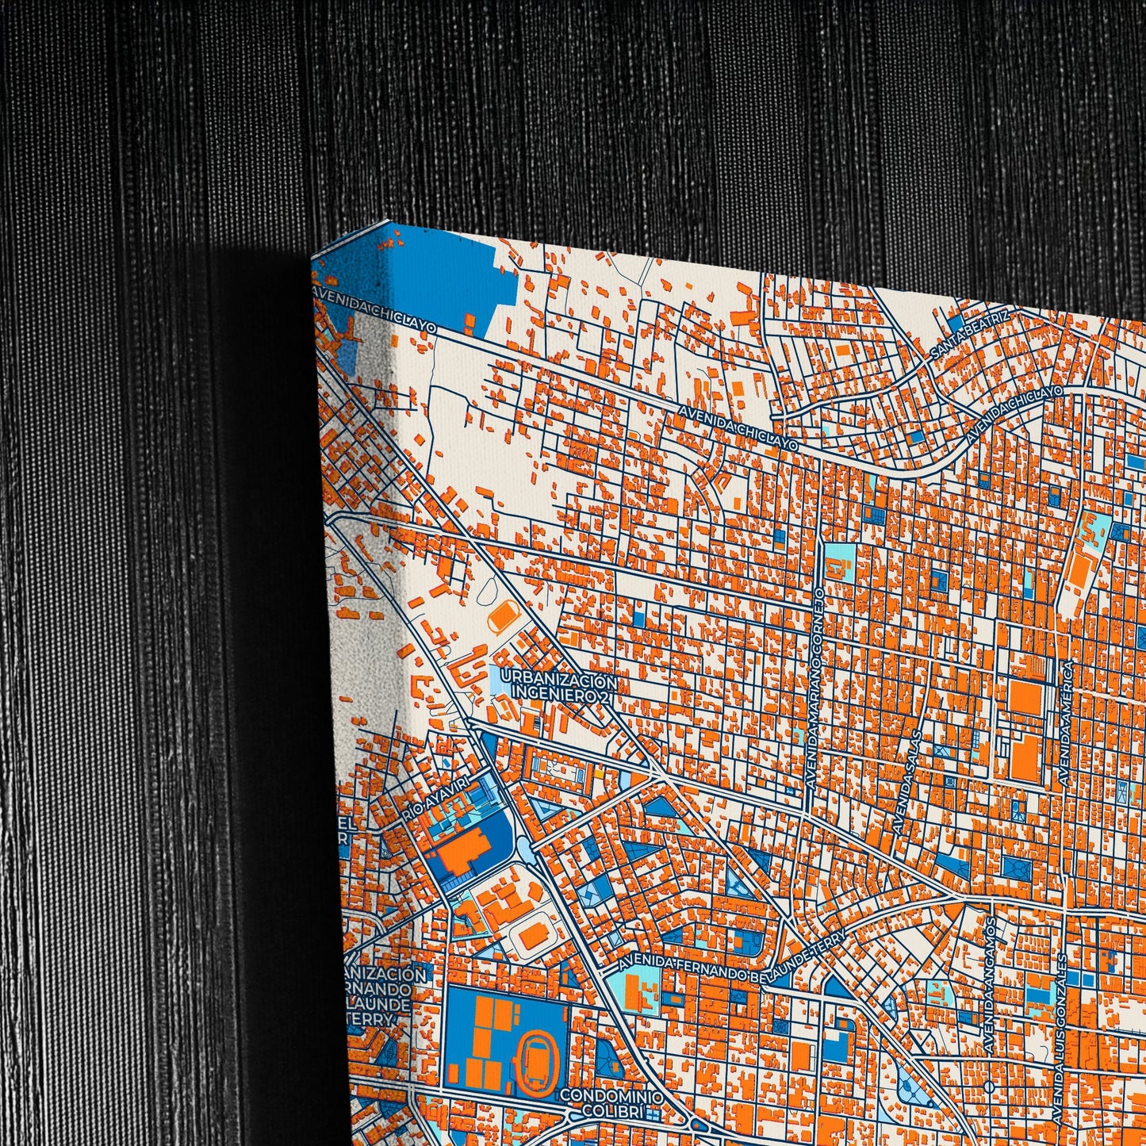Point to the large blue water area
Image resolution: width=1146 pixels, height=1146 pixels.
pos(444,278)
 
